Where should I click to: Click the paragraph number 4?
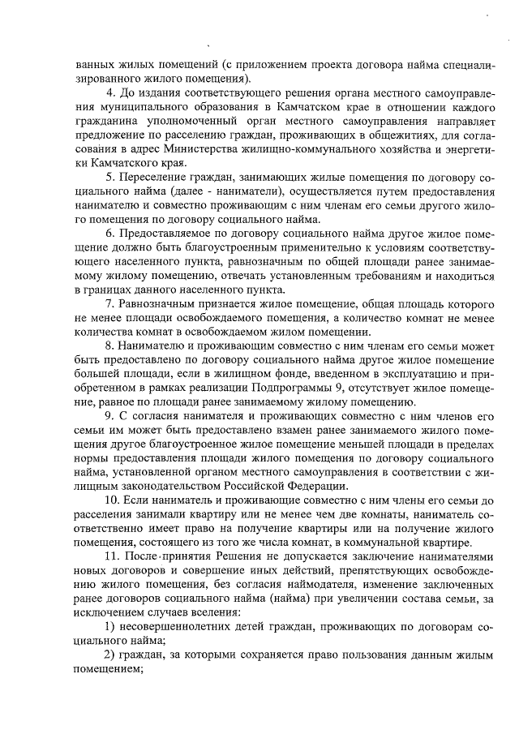point(111,93)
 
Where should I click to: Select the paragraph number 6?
point(111,233)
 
